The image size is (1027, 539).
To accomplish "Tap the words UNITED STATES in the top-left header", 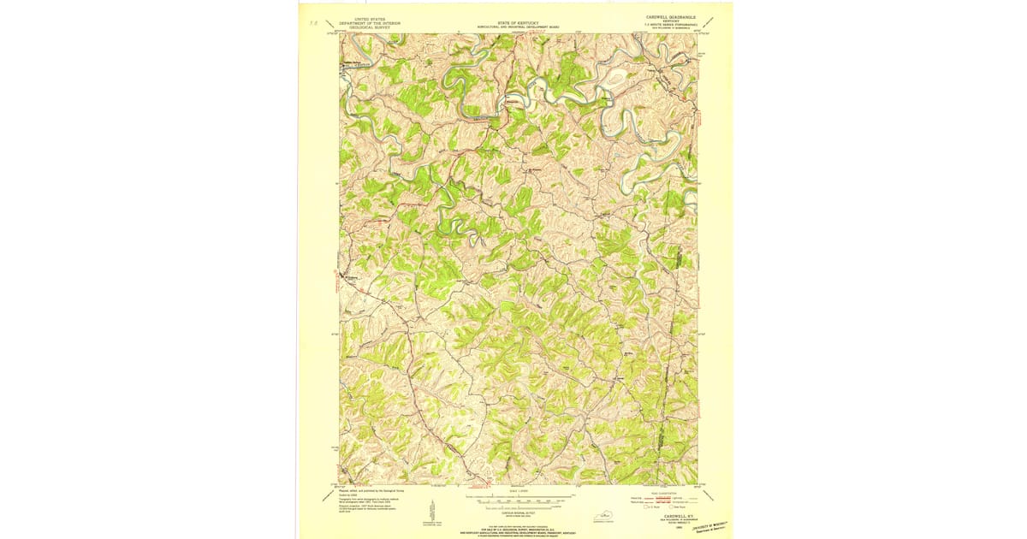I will (x=362, y=17).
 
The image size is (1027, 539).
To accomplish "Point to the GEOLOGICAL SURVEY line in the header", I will (x=362, y=27).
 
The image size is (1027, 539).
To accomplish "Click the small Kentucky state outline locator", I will (x=609, y=514).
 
